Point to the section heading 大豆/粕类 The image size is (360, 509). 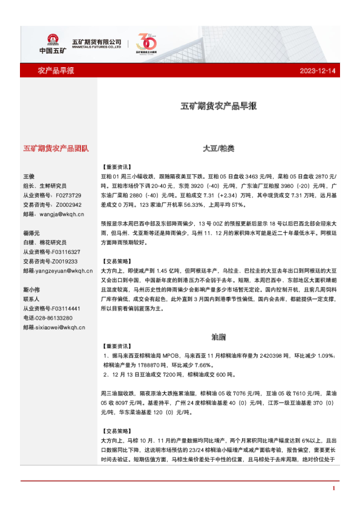[218, 148]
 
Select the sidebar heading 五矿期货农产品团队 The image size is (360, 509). [56, 148]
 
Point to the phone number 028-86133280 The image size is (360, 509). [55, 317]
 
